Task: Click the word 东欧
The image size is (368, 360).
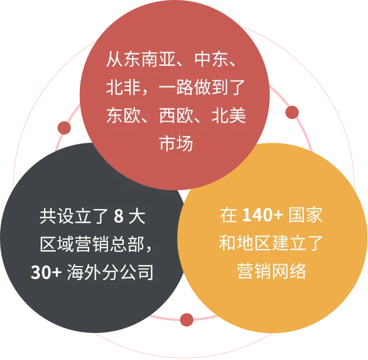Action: pyautogui.click(x=122, y=115)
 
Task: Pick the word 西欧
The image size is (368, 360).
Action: pyautogui.click(x=175, y=115)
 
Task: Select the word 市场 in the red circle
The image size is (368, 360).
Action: pyautogui.click(x=175, y=143)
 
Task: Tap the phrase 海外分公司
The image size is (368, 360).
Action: pyautogui.click(x=111, y=272)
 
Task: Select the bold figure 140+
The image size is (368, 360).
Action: pyautogui.click(x=262, y=216)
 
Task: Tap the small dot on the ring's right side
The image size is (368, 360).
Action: pyautogui.click(x=292, y=112)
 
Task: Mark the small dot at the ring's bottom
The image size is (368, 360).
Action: pyautogui.click(x=187, y=319)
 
